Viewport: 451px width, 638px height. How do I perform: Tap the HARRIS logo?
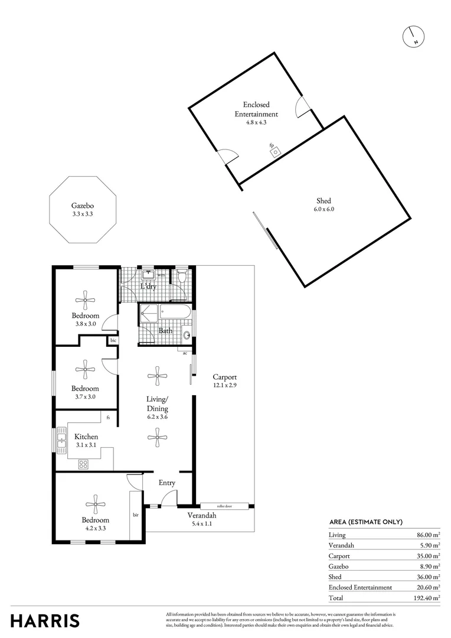pos(45,620)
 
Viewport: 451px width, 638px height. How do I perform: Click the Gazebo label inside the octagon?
pos(83,206)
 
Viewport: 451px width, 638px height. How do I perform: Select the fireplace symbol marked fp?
pos(274,151)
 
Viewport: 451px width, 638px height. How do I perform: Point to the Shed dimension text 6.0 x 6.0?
pos(324,209)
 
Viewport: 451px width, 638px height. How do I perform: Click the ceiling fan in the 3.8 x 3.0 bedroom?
pos(86,300)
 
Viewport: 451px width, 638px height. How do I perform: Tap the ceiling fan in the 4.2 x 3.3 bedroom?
pos(95,504)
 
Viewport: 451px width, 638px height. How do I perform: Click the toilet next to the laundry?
pos(182,276)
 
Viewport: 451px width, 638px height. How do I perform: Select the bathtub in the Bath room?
pos(175,313)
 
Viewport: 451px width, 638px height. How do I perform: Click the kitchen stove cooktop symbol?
pos(83,464)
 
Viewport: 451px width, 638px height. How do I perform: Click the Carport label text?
pos(225,377)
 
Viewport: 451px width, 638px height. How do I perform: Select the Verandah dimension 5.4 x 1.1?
pos(202,523)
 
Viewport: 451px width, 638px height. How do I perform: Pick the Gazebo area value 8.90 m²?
pos(428,566)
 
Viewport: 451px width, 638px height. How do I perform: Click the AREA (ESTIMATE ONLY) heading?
pos(365,522)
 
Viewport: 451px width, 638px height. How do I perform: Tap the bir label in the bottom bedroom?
pos(136,515)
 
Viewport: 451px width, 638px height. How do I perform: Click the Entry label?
pos(167,483)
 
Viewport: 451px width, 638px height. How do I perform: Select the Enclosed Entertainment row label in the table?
pos(360,587)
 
